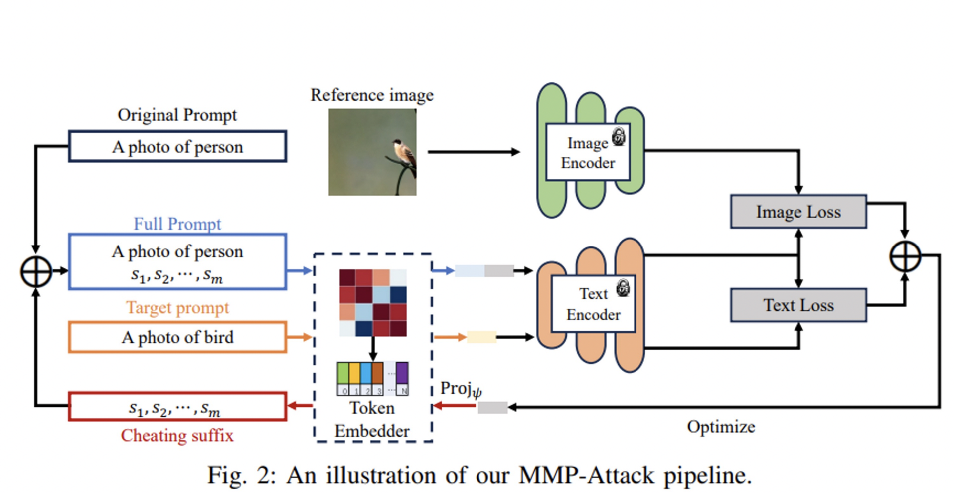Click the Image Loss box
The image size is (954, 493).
[x=798, y=212]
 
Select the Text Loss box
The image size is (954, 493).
[x=798, y=305]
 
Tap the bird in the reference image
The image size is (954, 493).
[x=403, y=152]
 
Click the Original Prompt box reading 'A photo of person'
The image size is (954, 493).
[x=177, y=147]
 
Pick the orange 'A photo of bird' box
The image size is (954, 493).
[x=177, y=337]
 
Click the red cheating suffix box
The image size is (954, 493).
[x=177, y=407]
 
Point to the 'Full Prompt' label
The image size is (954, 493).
[x=177, y=224]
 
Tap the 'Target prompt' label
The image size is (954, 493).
[x=177, y=308]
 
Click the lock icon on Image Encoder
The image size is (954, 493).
[x=619, y=136]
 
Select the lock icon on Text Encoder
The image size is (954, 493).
[x=623, y=288]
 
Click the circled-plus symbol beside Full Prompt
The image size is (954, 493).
[x=36, y=272]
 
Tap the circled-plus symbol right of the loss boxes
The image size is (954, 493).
[x=905, y=256]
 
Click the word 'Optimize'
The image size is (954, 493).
[x=721, y=427]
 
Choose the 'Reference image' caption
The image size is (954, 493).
[x=372, y=95]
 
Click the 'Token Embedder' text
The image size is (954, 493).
[x=372, y=419]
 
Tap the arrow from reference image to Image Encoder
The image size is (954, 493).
[x=474, y=152]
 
